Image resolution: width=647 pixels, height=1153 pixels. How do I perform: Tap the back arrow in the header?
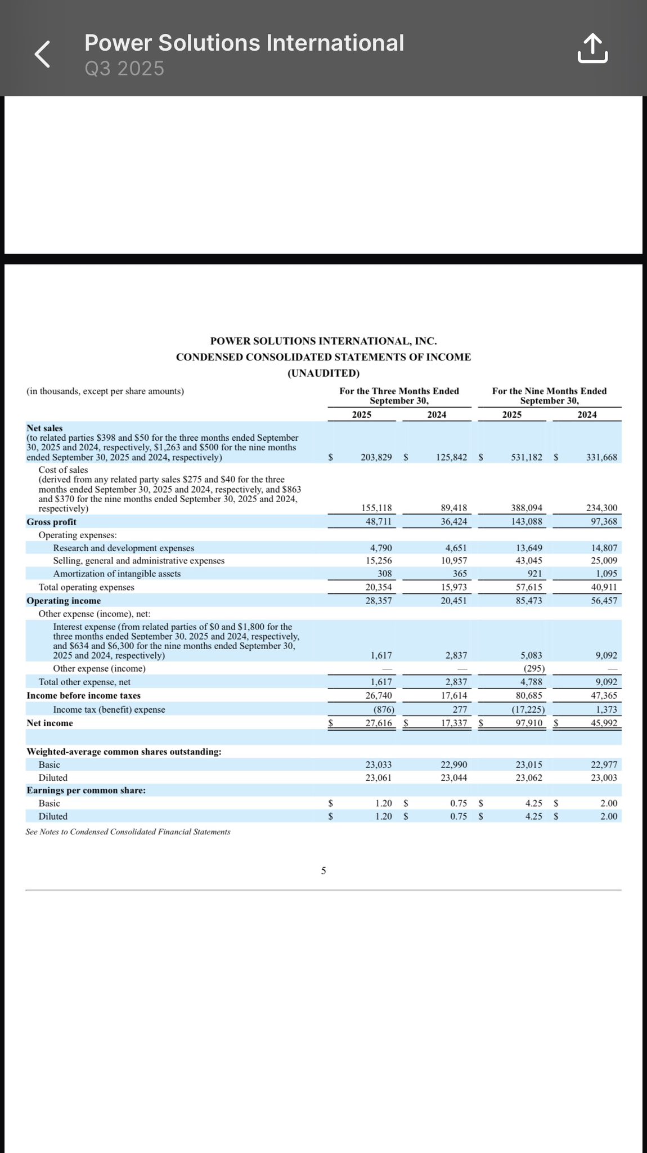tap(43, 55)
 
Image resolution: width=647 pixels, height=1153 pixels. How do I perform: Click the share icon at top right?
tap(592, 48)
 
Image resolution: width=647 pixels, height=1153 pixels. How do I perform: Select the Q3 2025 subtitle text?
tap(124, 69)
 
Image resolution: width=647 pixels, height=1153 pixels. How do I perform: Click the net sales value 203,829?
tap(376, 457)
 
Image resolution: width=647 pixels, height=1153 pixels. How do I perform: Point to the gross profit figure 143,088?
tap(527, 521)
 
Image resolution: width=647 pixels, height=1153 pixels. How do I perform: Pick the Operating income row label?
tap(64, 601)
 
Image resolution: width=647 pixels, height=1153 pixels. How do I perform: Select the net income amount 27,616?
tap(379, 723)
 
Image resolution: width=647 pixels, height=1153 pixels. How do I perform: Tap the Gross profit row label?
tap(51, 522)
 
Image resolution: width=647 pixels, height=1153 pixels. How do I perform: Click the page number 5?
tap(323, 871)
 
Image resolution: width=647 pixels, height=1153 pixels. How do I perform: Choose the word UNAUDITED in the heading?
tap(323, 373)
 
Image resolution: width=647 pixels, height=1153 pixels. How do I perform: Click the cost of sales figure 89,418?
tap(454, 508)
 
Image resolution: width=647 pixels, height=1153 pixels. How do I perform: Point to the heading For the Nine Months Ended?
tap(549, 391)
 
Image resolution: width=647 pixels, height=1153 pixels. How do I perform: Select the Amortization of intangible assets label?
tap(117, 574)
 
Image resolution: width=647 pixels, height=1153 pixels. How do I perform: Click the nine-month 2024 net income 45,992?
tap(604, 723)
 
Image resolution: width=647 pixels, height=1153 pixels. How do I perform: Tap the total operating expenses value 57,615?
tap(529, 587)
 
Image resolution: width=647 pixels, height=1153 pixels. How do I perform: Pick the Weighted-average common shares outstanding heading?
tap(124, 752)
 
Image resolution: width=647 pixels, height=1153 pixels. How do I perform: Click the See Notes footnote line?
tap(128, 832)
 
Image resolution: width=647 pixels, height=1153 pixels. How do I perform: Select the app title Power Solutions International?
tap(244, 43)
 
